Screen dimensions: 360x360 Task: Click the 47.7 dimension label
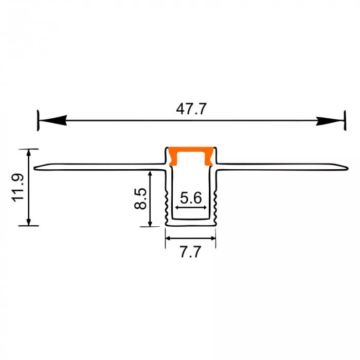tap(191, 109)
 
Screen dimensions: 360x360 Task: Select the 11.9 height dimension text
tap(18, 188)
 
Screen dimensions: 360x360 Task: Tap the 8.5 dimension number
tap(140, 199)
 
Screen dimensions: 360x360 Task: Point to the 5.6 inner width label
tap(191, 197)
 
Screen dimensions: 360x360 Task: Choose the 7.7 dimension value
tap(190, 251)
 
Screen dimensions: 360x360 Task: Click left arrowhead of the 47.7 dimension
tap(53, 120)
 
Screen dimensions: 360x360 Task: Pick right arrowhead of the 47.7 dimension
tap(330, 121)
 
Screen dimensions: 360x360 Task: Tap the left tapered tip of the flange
tap(34, 168)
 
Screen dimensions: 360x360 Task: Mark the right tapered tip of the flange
tap(348, 169)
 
